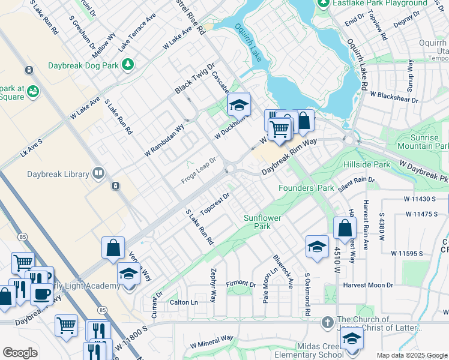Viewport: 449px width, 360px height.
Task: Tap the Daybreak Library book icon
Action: pos(98,174)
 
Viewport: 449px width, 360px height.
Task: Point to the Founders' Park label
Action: pos(306,188)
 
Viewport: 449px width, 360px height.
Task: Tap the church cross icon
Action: pos(327,323)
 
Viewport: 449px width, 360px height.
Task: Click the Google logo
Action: pos(20,353)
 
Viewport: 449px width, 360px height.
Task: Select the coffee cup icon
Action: pos(41,294)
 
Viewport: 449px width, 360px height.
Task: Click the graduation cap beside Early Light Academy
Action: pos(128,274)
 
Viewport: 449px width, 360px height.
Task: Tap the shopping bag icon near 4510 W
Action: pos(345,228)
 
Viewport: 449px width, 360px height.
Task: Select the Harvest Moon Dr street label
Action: pos(368,285)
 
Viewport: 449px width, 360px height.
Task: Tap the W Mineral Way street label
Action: pos(211,341)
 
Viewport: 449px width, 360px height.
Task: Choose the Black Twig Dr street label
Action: pos(194,78)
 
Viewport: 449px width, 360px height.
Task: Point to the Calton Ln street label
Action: pos(184,302)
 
